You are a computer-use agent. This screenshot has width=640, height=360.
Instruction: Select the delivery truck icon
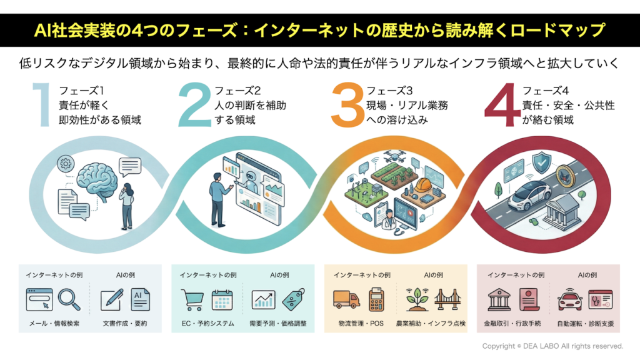346,299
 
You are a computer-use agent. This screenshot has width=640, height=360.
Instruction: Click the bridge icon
447,299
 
